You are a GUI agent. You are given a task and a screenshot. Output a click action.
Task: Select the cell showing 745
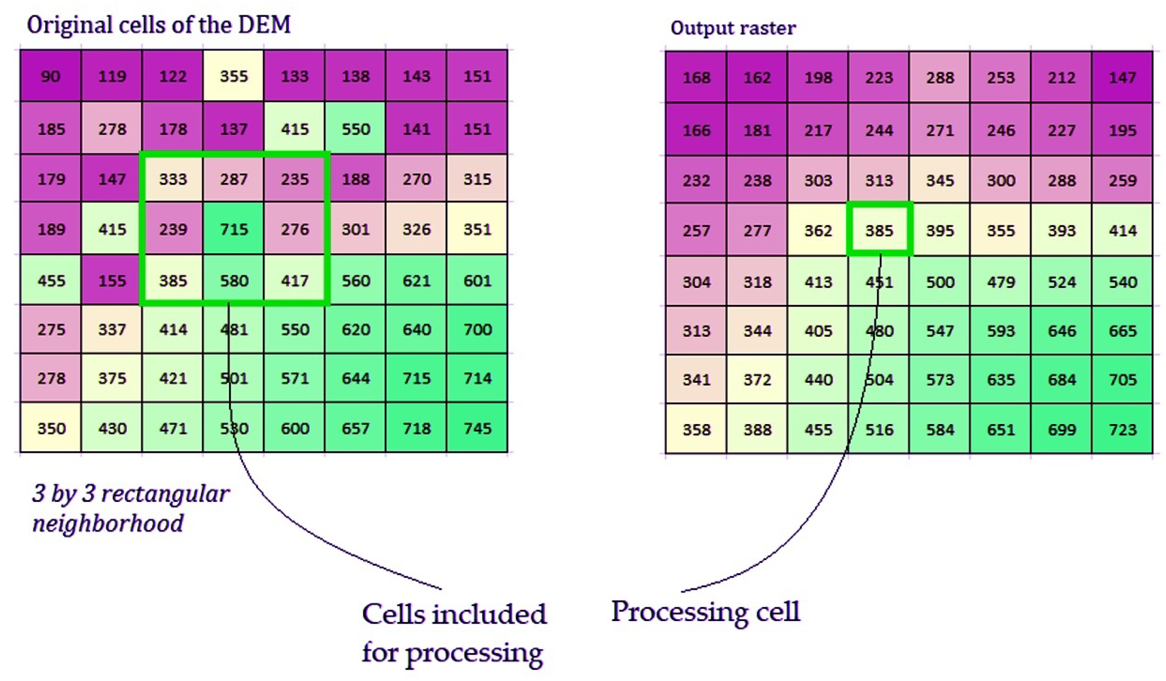477,428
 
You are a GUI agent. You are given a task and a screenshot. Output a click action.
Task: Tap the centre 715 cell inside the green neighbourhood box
234,229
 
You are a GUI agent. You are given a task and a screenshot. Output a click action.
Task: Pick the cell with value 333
173,179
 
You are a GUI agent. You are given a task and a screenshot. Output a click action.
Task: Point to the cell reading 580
234,281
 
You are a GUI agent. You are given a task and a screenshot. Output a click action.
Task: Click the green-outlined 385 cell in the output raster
879,230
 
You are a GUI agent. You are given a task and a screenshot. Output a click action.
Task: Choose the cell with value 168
696,77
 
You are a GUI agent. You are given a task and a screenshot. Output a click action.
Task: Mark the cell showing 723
1123,429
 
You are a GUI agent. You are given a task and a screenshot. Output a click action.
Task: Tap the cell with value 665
1123,331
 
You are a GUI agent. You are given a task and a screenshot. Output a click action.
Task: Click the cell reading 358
696,429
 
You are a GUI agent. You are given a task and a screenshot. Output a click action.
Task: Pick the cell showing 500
940,282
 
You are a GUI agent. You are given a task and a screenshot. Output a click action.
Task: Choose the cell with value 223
879,77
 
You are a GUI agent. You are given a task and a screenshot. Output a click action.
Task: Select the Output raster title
733,28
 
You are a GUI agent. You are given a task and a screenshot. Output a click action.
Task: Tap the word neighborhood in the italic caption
108,523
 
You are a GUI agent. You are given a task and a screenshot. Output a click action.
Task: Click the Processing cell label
705,612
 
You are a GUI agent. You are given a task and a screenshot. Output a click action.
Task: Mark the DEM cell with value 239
173,229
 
